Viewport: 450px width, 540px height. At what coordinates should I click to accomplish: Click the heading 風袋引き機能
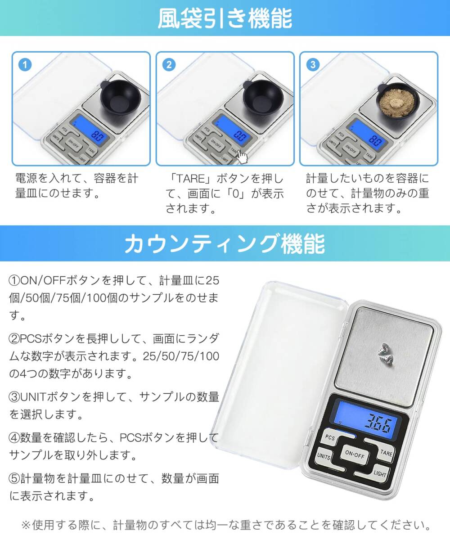pos(225,18)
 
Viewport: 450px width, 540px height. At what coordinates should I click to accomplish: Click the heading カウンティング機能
pos(225,244)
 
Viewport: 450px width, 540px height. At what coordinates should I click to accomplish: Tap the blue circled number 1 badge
pos(25,65)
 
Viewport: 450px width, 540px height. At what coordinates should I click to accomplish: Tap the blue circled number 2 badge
pos(169,65)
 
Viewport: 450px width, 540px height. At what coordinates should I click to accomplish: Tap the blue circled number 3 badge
pos(313,65)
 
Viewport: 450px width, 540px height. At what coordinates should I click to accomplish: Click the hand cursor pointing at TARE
pos(242,157)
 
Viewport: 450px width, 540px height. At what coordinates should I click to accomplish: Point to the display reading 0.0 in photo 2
pos(241,136)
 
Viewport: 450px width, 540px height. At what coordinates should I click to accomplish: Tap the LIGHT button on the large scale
pos(379,473)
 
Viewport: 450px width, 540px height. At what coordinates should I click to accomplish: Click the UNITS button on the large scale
pos(324,456)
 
